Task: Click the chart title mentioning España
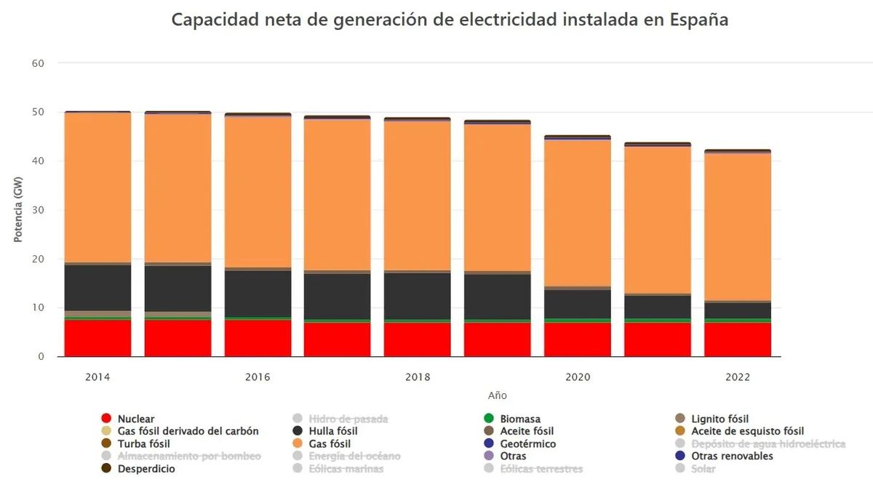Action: pyautogui.click(x=450, y=20)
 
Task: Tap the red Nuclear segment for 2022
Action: pyautogui.click(x=738, y=339)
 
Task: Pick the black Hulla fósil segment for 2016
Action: pyautogui.click(x=258, y=294)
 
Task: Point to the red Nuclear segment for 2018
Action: pyautogui.click(x=418, y=339)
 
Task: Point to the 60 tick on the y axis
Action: pyautogui.click(x=39, y=63)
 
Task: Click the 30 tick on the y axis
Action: pyautogui.click(x=39, y=210)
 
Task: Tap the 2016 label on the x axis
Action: pyautogui.click(x=258, y=377)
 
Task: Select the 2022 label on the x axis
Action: pyautogui.click(x=738, y=377)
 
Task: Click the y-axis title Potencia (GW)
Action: pyautogui.click(x=19, y=210)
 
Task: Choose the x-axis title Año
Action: pyautogui.click(x=498, y=396)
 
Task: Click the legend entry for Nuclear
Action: pyautogui.click(x=135, y=419)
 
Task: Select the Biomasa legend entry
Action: pyautogui.click(x=519, y=419)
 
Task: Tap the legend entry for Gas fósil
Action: pyautogui.click(x=329, y=443)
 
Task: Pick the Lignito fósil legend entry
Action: pyautogui.click(x=719, y=419)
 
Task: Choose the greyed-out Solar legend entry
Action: pyautogui.click(x=703, y=469)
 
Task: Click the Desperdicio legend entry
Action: pyautogui.click(x=145, y=469)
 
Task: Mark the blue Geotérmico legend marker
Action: pyautogui.click(x=489, y=443)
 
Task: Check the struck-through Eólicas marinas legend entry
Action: pyautogui.click(x=346, y=469)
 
